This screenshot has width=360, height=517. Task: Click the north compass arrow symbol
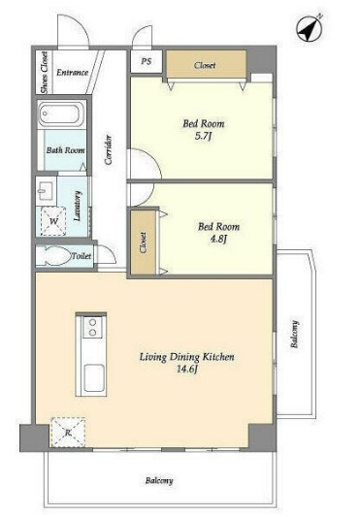click(309, 29)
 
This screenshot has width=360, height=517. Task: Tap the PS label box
click(147, 61)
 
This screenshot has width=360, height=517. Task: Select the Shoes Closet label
click(44, 73)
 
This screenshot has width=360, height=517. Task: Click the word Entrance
click(72, 73)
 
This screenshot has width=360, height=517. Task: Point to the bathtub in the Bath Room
click(61, 114)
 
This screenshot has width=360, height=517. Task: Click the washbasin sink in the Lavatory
click(44, 190)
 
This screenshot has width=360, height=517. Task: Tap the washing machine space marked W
click(53, 220)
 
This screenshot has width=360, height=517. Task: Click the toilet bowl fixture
click(54, 256)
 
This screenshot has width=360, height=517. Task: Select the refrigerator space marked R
click(68, 432)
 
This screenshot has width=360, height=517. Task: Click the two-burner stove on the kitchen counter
click(92, 327)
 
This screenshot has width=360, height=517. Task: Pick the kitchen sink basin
click(94, 377)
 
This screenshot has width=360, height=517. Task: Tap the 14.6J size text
click(187, 369)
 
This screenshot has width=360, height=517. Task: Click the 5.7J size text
click(202, 136)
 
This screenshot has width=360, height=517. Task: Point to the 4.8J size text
click(218, 239)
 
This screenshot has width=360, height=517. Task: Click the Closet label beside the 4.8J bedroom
click(143, 242)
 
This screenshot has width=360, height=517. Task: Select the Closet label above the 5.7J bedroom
click(205, 65)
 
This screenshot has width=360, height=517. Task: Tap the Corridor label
click(109, 150)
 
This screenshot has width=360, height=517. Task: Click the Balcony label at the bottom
click(159, 480)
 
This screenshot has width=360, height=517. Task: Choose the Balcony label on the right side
click(295, 334)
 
